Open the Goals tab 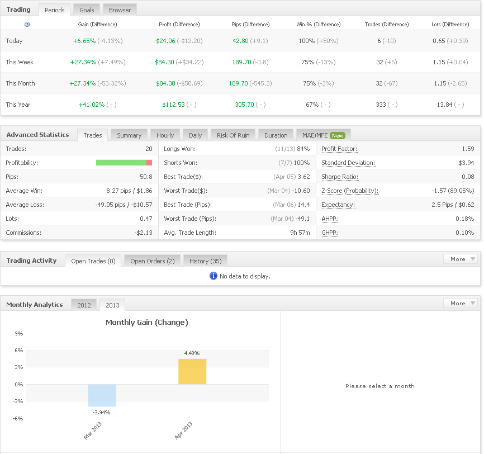tap(87, 10)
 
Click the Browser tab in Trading tap(120, 10)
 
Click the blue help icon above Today tap(27, 25)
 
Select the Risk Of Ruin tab tap(233, 135)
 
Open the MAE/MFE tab tap(323, 135)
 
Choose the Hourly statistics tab tap(165, 135)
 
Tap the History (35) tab tap(205, 261)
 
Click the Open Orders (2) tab tap(153, 261)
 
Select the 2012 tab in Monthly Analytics tap(84, 305)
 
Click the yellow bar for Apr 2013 tap(192, 372)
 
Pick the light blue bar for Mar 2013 tap(102, 395)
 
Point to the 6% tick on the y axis tap(19, 350)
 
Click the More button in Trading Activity tap(460, 259)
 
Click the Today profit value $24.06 tap(165, 41)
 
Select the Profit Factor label tap(339, 149)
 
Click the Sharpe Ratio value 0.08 tap(468, 177)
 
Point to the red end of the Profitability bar tap(149, 163)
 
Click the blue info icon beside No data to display tap(213, 276)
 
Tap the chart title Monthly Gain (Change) tap(147, 323)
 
